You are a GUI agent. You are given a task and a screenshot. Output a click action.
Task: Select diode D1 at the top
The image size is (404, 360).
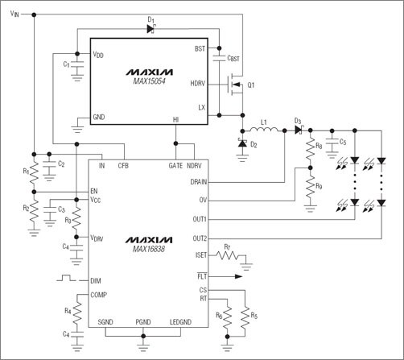pos(150,29)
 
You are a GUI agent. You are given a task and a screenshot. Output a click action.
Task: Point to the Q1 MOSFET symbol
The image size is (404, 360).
pos(238,84)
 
